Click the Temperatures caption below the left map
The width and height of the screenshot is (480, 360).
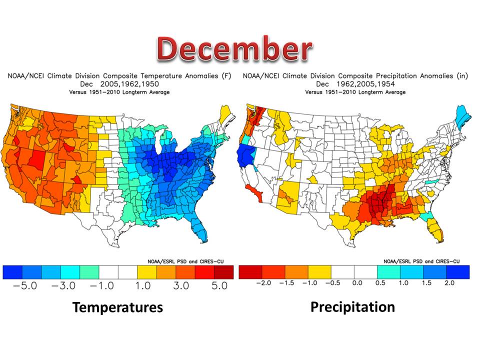(x=117, y=307)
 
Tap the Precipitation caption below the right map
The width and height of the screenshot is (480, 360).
(x=352, y=306)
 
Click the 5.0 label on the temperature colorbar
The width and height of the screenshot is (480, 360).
(x=216, y=286)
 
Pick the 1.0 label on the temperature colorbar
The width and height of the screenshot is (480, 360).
(x=145, y=286)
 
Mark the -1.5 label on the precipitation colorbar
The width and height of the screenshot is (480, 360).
(x=286, y=283)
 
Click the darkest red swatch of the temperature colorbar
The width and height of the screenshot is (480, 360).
(x=223, y=271)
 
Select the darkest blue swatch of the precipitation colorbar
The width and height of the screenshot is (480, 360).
(x=458, y=271)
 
